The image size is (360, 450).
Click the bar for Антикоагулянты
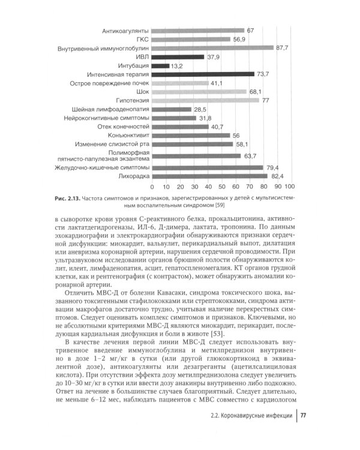(197, 30)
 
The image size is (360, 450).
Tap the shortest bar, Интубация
(160, 65)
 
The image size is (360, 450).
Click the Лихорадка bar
(208, 176)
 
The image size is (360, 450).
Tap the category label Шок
(142, 92)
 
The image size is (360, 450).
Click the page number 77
(303, 433)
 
